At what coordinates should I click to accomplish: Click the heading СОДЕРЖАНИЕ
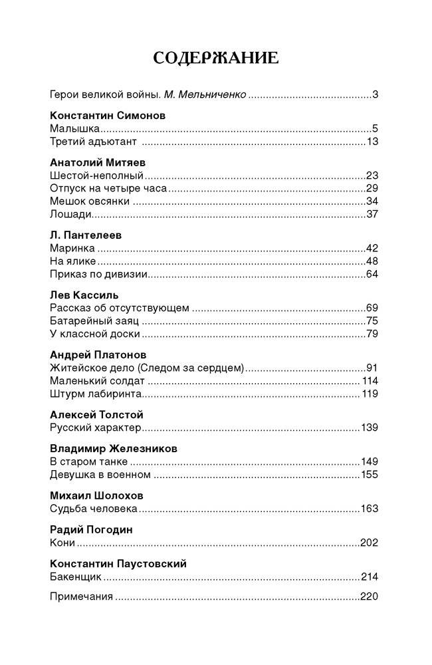coord(215,58)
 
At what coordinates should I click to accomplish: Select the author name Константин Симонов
coord(108,115)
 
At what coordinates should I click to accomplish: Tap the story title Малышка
coord(74,128)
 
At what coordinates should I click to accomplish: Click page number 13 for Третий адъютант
coord(372,142)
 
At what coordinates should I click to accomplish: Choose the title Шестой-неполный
coord(96,176)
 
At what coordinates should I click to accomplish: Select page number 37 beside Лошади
coord(372,214)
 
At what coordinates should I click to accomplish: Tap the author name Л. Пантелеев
coord(86,235)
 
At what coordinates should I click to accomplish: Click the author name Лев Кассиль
coord(84,295)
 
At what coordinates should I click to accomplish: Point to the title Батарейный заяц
coord(94,321)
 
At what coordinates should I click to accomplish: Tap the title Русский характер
coord(96,427)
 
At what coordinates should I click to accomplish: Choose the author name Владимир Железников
coord(114,448)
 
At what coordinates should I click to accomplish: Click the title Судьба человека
coord(94,509)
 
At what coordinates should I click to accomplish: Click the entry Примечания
coord(81,596)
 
